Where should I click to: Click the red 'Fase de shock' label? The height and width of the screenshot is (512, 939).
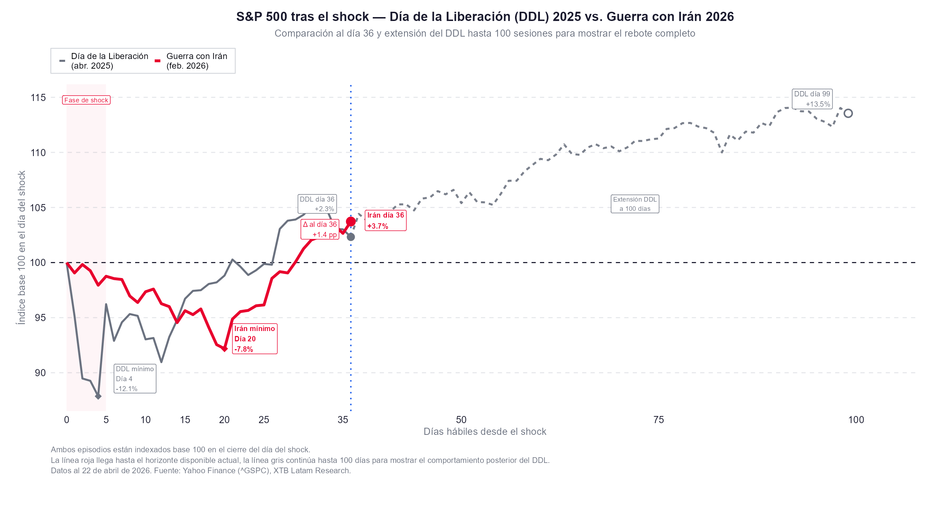click(86, 100)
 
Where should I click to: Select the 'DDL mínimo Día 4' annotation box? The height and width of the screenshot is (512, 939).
click(135, 379)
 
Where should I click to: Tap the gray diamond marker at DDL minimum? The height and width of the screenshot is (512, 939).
click(98, 396)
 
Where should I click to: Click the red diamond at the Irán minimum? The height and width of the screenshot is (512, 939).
click(225, 349)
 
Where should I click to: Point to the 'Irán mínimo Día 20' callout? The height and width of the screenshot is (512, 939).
click(254, 338)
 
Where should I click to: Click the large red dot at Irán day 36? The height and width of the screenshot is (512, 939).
click(351, 221)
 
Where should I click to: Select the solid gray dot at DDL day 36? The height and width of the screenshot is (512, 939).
click(351, 237)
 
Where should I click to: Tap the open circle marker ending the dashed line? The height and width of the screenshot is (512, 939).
click(848, 113)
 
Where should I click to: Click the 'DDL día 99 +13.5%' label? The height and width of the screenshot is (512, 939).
click(812, 99)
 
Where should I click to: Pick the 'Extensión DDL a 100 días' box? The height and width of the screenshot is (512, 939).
click(635, 204)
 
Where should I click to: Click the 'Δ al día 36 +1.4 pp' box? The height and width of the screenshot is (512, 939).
click(320, 229)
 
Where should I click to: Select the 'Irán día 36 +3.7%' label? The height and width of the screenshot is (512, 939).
click(385, 220)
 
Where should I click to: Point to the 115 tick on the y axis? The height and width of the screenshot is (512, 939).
click(38, 98)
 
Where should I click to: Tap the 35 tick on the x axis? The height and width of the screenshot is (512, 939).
click(343, 420)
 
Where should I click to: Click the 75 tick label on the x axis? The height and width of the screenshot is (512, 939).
click(658, 420)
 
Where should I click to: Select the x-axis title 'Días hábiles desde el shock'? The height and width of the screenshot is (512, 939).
click(484, 431)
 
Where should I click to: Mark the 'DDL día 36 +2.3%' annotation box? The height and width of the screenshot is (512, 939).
click(317, 204)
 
